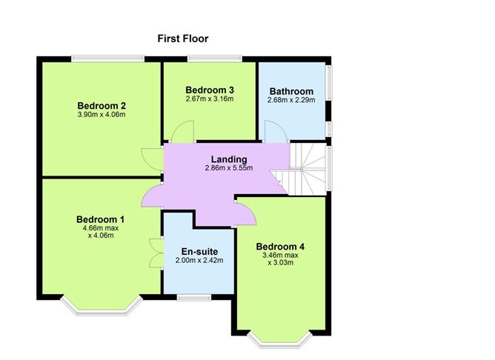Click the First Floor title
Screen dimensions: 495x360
[x=183, y=39]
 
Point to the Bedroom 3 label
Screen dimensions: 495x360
[x=210, y=90]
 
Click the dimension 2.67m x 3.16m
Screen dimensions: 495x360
[x=210, y=99]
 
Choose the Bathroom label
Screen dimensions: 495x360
[x=291, y=92]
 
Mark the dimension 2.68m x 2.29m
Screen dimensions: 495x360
[x=291, y=100]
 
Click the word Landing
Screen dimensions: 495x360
[x=229, y=160]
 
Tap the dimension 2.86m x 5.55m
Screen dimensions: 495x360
[x=229, y=168]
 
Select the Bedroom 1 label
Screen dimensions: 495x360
[x=100, y=219]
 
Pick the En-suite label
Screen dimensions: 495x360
[x=199, y=251]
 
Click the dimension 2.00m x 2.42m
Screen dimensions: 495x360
[x=199, y=261]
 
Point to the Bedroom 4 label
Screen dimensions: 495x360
[x=280, y=247]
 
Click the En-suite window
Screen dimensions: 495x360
[x=194, y=298]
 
